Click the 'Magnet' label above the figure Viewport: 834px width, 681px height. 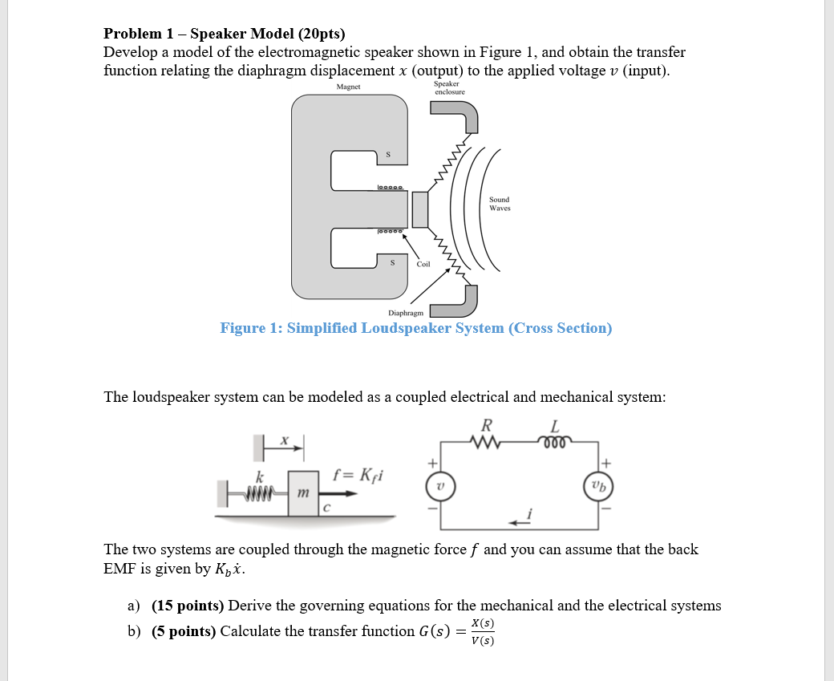[348, 87]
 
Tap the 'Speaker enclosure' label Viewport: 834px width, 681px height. [449, 87]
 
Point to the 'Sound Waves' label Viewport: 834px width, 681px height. [499, 204]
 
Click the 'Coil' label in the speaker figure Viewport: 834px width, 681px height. [423, 264]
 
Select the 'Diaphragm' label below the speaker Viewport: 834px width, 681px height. [407, 313]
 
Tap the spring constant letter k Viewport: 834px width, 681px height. [259, 476]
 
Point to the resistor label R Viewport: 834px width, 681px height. [487, 424]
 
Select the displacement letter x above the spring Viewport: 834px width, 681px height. [283, 440]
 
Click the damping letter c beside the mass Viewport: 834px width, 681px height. [327, 508]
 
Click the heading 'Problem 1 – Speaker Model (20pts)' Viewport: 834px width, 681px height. [225, 34]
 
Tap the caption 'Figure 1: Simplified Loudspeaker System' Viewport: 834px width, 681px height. [415, 328]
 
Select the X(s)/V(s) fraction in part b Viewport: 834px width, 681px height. [482, 632]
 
